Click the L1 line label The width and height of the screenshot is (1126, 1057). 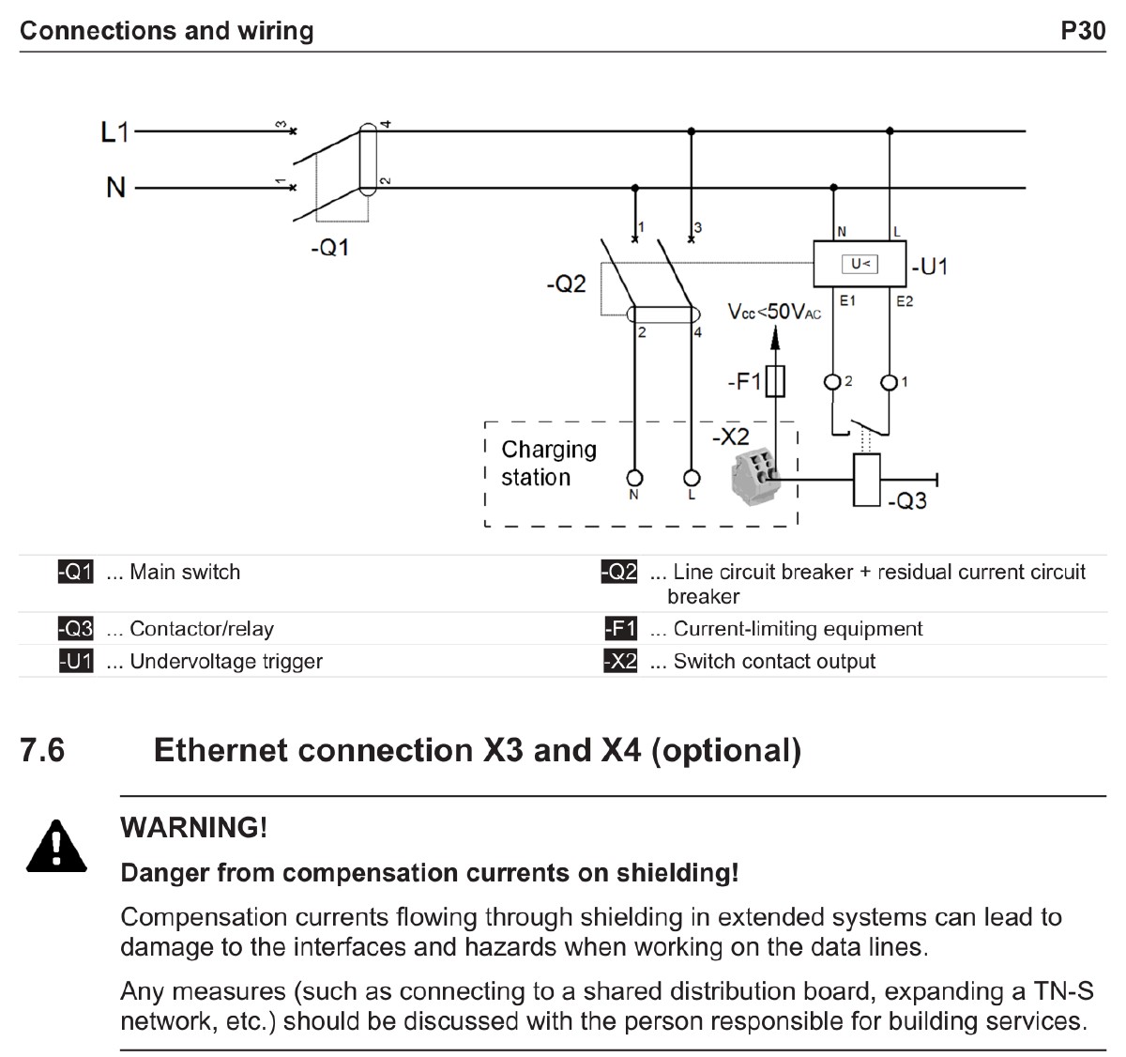114,132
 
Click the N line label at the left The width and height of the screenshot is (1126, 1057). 115,188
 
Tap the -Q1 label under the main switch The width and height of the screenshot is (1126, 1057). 329,248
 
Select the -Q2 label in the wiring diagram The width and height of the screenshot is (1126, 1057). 566,283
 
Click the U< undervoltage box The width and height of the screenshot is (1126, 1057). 860,265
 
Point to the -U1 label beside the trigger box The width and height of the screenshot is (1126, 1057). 929,267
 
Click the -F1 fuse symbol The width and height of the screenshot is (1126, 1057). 775,382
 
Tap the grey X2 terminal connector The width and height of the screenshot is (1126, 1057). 756,475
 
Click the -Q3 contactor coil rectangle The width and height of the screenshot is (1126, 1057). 866,480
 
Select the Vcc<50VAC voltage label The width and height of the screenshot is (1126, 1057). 774,312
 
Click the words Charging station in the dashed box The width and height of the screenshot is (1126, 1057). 548,464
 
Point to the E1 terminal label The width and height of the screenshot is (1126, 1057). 847,301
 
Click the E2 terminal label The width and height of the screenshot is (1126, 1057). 905,301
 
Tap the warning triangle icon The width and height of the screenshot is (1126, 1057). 56,846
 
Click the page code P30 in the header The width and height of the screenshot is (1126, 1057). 1083,31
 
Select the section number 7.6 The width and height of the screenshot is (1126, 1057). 42,750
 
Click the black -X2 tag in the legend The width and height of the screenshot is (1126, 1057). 619,661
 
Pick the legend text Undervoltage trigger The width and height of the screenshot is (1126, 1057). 225,661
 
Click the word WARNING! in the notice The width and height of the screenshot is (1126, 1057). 194,827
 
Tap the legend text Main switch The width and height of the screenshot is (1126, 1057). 185,572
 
